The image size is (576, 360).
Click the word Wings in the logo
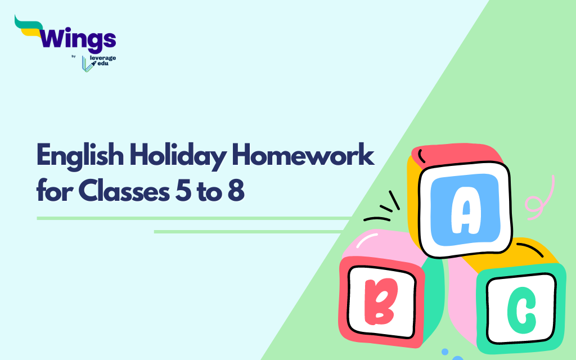pos(78,39)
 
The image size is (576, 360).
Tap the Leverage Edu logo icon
pos(87,64)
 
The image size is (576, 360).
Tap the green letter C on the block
pos(521,308)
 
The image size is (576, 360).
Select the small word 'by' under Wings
pos(73,56)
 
